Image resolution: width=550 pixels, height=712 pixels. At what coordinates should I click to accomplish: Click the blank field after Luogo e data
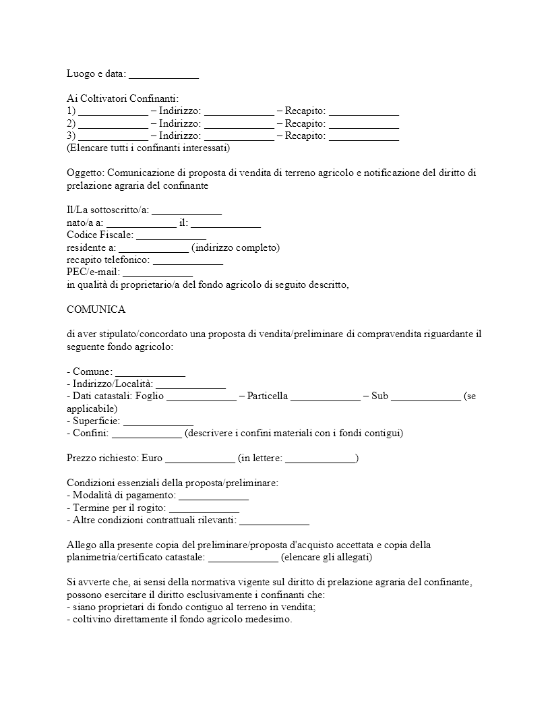(163, 73)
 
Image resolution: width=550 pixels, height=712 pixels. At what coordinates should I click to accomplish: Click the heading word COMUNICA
(96, 309)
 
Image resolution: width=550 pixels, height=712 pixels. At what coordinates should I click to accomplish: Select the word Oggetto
(85, 173)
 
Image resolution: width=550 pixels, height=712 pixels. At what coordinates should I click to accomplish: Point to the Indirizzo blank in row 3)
(239, 136)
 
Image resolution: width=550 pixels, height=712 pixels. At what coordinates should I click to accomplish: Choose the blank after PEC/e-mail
(158, 272)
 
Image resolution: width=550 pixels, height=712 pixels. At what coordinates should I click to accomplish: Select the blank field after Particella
(326, 396)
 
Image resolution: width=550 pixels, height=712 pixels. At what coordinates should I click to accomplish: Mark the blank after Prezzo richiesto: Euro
(200, 458)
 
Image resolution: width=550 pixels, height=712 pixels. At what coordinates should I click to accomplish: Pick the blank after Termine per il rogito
(204, 507)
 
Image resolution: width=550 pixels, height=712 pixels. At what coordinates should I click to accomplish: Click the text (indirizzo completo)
(235, 247)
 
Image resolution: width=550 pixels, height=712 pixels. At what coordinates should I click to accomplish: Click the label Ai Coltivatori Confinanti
(123, 98)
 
